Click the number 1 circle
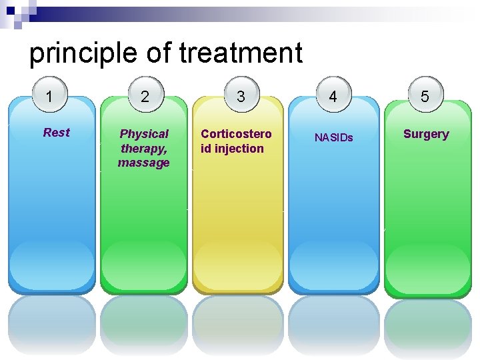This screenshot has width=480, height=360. tap(49, 97)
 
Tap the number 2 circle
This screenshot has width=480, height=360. tap(144, 97)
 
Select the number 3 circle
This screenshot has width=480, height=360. tap(240, 97)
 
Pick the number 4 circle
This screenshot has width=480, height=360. tap(333, 97)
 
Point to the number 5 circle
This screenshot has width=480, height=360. tap(425, 97)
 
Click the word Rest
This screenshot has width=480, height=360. tap(56, 133)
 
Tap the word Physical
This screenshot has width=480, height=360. tap(144, 134)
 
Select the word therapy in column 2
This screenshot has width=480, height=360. tap(143, 149)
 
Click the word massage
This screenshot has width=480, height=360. tap(144, 163)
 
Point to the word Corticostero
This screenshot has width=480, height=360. tap(236, 134)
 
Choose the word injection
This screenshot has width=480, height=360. tap(239, 149)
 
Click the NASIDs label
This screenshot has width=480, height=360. tap(333, 138)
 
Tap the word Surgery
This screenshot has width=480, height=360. tap(426, 134)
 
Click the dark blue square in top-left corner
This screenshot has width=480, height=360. tap(11, 10)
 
